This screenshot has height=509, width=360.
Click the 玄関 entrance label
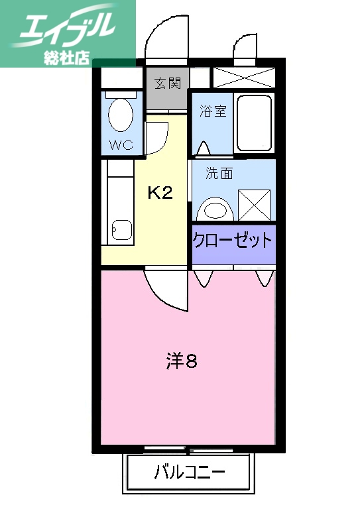click(167, 84)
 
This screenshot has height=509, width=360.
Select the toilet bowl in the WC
click(120, 115)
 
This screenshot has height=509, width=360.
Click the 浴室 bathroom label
click(213, 111)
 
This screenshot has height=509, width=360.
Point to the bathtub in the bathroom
click(253, 123)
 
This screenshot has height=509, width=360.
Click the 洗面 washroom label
click(219, 174)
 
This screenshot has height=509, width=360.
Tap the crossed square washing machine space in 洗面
click(254, 205)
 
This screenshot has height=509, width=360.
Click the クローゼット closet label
click(233, 240)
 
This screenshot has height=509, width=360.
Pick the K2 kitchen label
click(160, 193)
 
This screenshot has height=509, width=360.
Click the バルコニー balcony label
click(190, 473)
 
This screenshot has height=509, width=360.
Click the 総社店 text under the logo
click(68, 57)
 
